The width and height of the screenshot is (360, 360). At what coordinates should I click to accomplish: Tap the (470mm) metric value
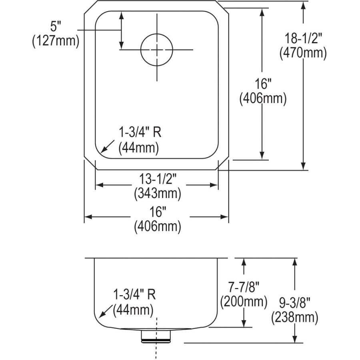(x=303, y=52)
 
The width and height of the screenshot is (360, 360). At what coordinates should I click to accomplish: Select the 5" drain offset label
(x=55, y=26)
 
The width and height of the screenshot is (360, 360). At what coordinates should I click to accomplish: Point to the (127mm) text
(x=55, y=41)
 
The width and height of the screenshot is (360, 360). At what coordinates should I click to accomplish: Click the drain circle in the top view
(x=156, y=49)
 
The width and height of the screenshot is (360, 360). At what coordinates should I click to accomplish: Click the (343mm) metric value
(x=157, y=194)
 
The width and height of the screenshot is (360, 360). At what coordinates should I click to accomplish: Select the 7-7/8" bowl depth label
(x=243, y=287)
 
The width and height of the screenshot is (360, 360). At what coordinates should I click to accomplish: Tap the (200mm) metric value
(x=243, y=301)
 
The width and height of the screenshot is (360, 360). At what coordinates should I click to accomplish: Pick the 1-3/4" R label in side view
(x=134, y=295)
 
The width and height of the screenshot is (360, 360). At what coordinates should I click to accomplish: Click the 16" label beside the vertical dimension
(x=262, y=84)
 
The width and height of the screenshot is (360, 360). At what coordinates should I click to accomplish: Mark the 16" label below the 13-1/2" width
(x=157, y=212)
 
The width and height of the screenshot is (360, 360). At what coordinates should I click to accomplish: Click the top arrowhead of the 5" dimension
(x=120, y=15)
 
